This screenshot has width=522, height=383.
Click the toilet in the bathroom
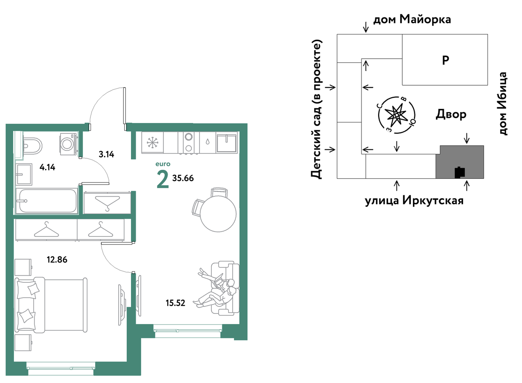33,146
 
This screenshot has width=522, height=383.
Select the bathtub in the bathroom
47,201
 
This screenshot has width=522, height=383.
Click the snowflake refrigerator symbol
153,142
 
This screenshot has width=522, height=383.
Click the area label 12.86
57,259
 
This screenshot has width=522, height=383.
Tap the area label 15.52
176,303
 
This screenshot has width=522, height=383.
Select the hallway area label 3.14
107,154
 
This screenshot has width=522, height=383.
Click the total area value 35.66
183,178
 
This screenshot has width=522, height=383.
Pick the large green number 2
163,179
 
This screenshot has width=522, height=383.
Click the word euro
163,164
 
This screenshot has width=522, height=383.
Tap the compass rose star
397,115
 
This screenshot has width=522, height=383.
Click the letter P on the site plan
445,60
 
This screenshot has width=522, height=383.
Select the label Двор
451,114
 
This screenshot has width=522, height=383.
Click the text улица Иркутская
414,201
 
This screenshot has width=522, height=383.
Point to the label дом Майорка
412,20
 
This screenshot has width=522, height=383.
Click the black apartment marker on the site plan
460,172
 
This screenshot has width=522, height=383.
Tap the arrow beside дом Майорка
366,27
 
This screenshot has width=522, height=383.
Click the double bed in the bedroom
51,305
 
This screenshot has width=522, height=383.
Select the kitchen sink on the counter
226,142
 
